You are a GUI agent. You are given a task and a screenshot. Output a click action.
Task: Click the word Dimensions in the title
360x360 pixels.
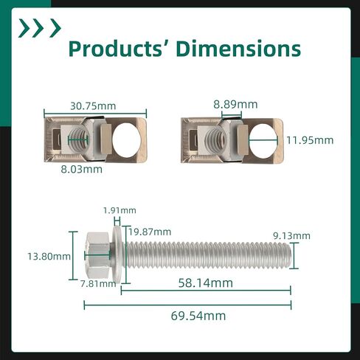238,49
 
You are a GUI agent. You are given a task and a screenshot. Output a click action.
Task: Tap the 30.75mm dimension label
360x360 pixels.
93,106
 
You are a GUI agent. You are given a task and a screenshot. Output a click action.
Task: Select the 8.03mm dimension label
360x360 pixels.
81,169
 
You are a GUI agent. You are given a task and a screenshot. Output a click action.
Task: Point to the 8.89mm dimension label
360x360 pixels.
235,105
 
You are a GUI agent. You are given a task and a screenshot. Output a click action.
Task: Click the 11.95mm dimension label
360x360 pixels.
310,140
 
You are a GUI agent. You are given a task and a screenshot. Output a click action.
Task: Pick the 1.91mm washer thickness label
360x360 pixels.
120,210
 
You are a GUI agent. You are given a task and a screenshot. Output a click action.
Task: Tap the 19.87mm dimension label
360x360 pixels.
150,232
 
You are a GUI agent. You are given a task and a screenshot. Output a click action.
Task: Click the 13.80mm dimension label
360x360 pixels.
49,257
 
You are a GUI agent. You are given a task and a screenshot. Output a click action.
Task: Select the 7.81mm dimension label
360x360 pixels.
98,284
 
